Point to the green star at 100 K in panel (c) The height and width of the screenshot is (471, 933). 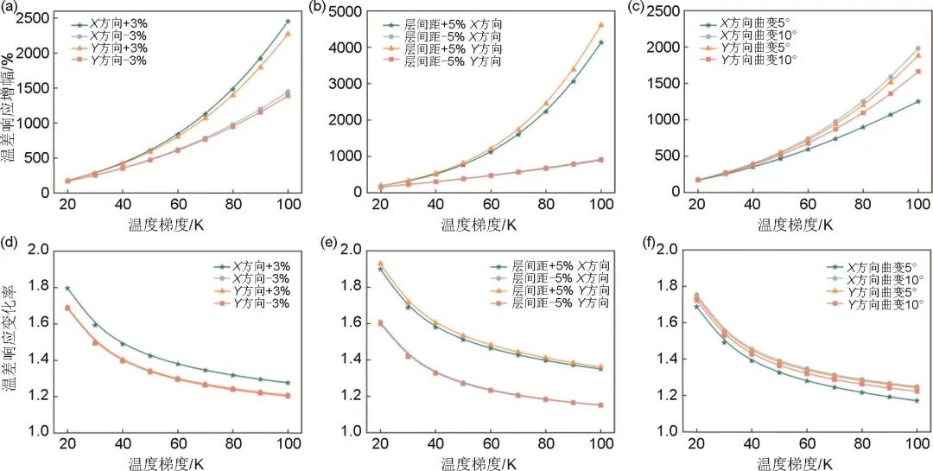click(x=917, y=101)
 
